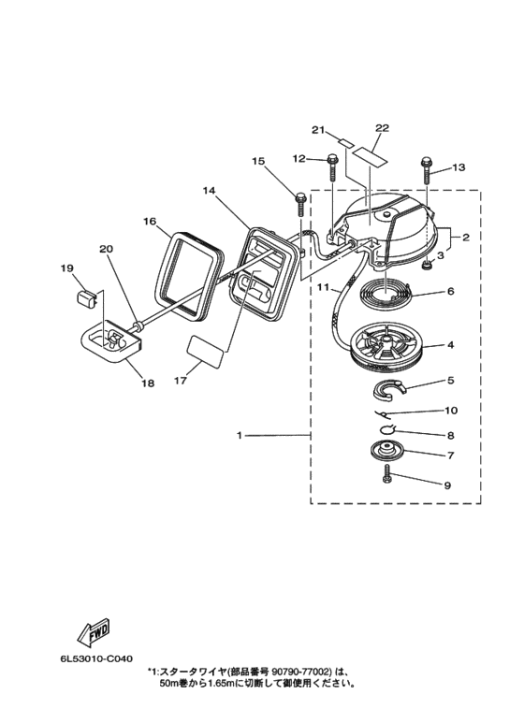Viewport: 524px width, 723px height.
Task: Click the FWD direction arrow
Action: point(95,630)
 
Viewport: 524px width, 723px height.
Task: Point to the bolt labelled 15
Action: point(300,203)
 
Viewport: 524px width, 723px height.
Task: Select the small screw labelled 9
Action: point(386,474)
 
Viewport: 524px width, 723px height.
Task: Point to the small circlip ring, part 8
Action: point(387,428)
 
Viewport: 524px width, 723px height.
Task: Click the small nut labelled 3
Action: point(427,264)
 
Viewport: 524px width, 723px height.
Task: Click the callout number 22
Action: point(383,128)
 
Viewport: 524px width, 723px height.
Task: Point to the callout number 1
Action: point(240,435)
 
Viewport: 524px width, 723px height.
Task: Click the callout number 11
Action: point(323,287)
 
